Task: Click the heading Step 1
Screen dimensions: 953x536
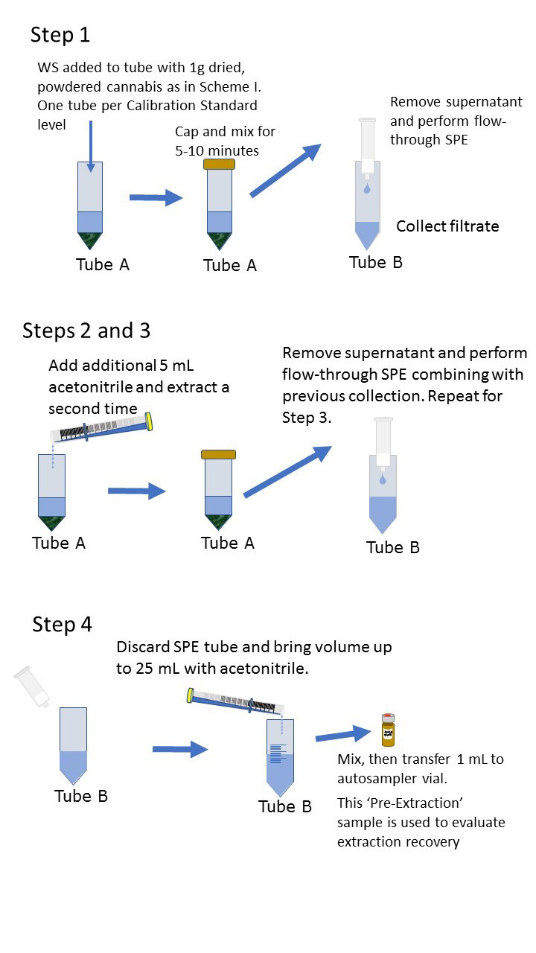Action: tap(60, 35)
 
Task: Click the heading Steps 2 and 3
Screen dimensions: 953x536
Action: tap(86, 330)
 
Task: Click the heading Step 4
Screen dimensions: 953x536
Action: tap(62, 624)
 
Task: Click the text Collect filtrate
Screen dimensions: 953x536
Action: tap(447, 226)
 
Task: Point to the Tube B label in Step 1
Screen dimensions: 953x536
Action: tap(376, 262)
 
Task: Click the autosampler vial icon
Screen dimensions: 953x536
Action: tap(387, 730)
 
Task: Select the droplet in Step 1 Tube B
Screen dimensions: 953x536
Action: tap(368, 190)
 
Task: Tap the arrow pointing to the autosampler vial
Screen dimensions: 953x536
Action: tap(342, 736)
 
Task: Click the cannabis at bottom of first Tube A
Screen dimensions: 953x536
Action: tap(90, 240)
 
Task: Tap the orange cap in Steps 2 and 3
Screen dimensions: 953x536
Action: tap(219, 454)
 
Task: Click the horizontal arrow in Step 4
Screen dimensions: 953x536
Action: tap(180, 749)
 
